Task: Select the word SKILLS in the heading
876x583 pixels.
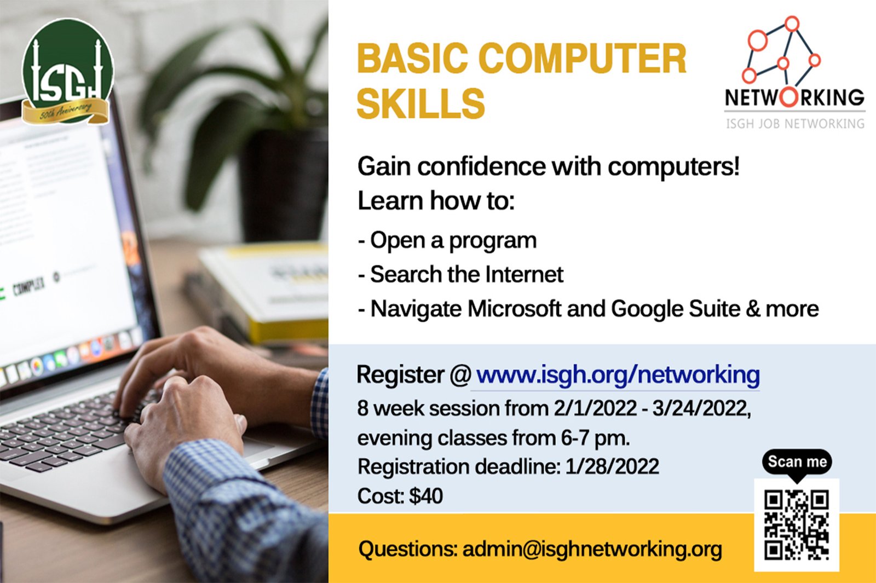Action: (421, 103)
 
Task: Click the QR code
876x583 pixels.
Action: (797, 525)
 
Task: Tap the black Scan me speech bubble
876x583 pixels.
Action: (797, 463)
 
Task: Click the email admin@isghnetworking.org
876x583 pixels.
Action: (592, 550)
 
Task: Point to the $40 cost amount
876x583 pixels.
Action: (427, 496)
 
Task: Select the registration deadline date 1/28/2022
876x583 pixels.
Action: (612, 466)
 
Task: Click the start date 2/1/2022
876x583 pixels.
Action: (595, 408)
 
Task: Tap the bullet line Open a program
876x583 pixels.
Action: (447, 240)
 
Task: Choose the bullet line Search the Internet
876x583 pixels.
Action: (460, 274)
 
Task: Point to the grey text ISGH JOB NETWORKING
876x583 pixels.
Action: (796, 124)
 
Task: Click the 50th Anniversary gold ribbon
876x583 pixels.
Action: (66, 112)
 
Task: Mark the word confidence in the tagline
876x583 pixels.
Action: (481, 166)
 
